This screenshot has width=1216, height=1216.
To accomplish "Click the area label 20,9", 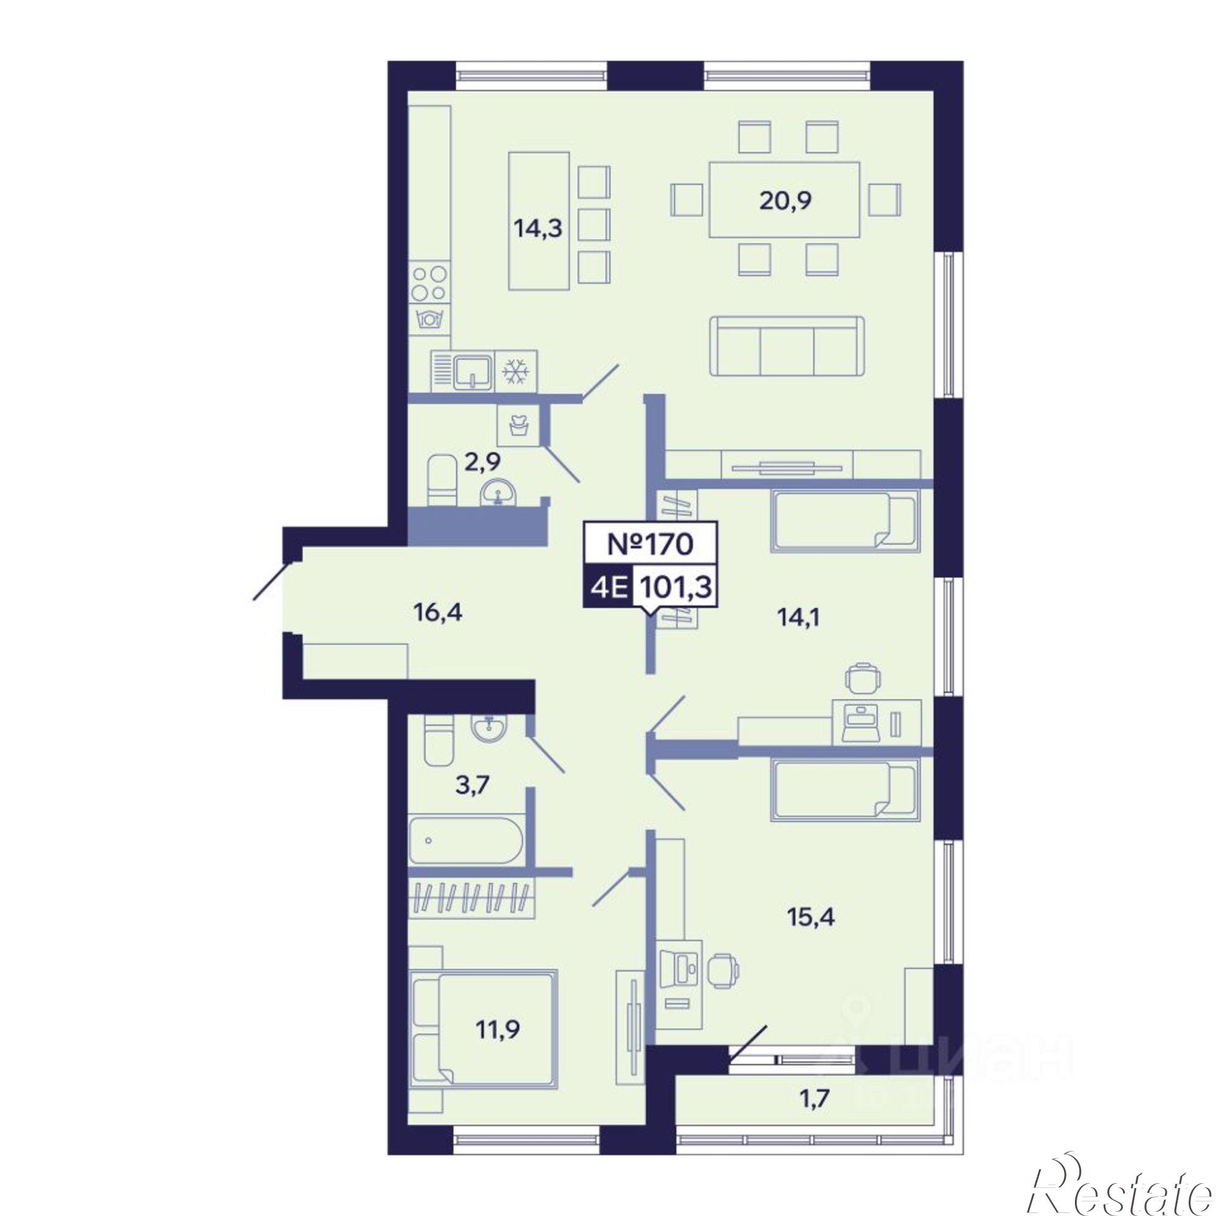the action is click(x=786, y=201).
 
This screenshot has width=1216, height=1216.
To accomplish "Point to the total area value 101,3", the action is click(x=675, y=589).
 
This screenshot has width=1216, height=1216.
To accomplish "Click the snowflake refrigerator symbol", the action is click(x=515, y=373).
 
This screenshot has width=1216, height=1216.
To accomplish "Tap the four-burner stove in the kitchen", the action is click(x=430, y=284).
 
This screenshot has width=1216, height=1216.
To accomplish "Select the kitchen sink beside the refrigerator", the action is click(x=463, y=372).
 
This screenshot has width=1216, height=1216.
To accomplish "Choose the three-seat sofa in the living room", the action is click(x=787, y=347).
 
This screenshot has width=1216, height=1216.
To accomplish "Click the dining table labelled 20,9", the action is click(x=785, y=199).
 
